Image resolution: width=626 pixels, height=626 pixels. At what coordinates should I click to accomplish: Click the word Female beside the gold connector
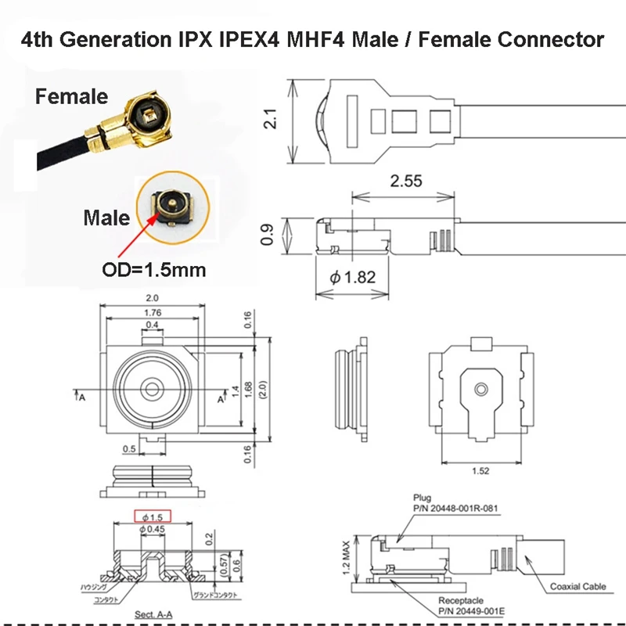(70, 97)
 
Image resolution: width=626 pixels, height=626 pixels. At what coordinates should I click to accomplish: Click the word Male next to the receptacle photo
(106, 217)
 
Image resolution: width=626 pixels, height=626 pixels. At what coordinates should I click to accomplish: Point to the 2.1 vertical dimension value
(269, 120)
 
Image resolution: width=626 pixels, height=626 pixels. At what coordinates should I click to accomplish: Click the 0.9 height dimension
(268, 235)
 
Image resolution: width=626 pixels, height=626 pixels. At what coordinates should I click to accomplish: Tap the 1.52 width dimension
(480, 470)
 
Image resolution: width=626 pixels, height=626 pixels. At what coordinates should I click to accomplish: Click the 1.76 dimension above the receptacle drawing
(152, 314)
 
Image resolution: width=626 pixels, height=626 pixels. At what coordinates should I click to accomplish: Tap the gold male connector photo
(167, 207)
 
